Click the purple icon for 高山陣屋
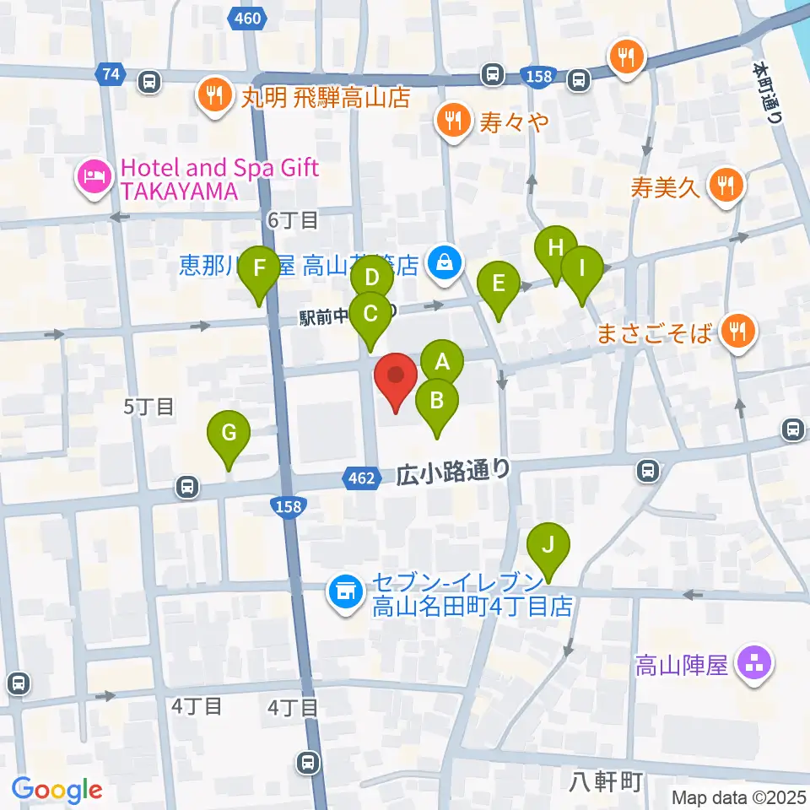click(x=751, y=664)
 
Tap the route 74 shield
click(x=108, y=73)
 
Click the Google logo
click(x=57, y=790)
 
